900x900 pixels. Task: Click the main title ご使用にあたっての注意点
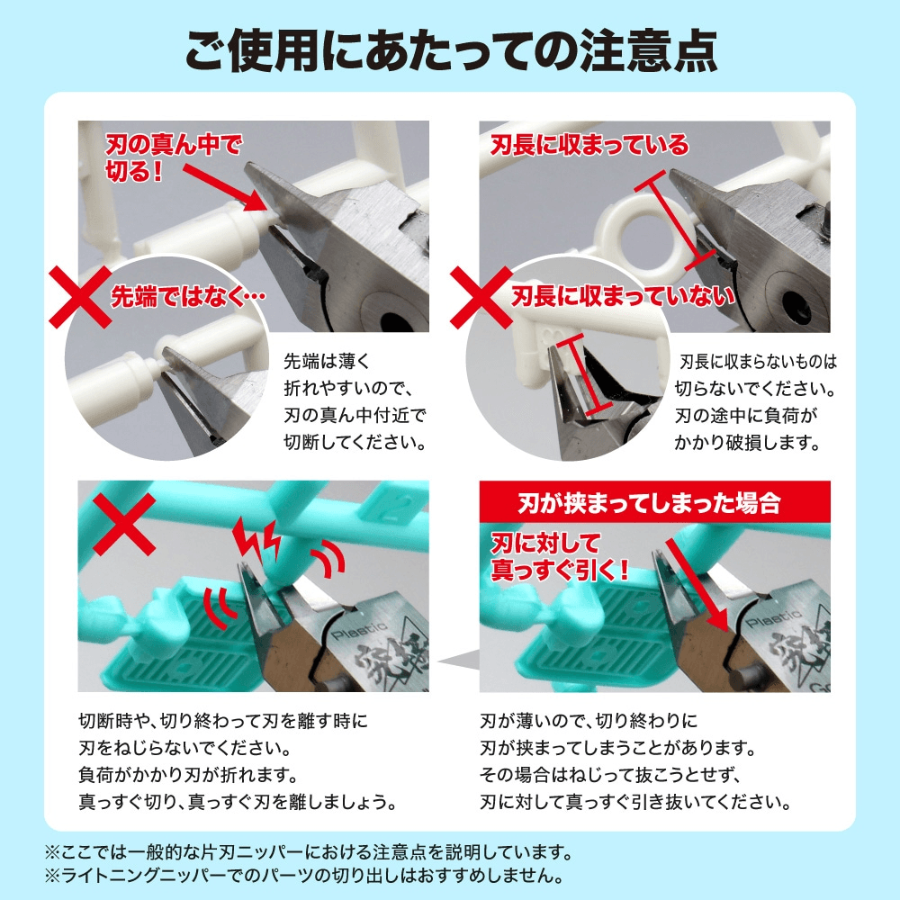451,50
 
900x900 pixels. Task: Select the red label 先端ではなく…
188,297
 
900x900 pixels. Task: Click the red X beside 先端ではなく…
80,296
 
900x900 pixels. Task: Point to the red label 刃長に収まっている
589,145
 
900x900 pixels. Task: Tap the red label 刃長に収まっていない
624,296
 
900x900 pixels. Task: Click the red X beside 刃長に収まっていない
481,297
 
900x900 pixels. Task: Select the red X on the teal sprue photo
124,524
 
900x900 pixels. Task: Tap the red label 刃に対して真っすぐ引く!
560,557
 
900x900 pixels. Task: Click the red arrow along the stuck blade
697,586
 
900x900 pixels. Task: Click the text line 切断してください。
355,443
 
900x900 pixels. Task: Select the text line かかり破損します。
747,443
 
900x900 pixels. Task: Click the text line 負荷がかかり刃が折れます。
188,775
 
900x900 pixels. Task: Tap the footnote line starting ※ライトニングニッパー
304,876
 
